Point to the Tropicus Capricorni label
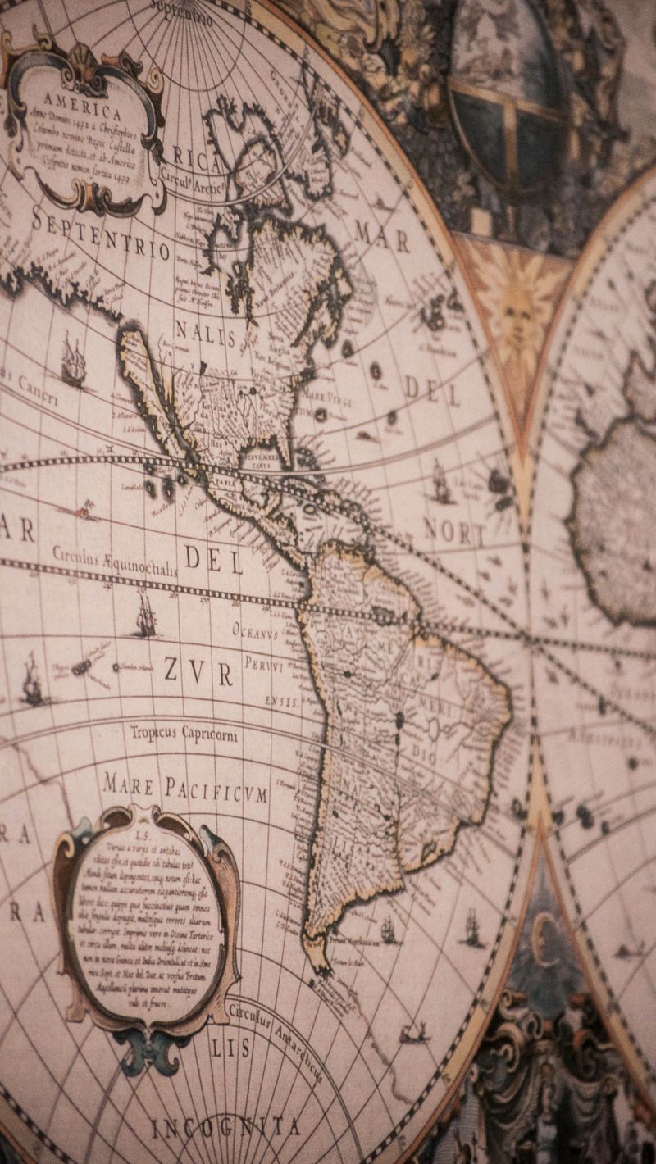[x=184, y=733]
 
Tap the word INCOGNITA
[x=225, y=1127]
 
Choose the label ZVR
[x=198, y=671]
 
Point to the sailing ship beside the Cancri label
[x=73, y=361]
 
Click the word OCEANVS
[x=255, y=632]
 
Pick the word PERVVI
[x=263, y=666]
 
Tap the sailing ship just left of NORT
[x=440, y=484]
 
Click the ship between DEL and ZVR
[x=146, y=616]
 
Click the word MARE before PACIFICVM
[x=129, y=785]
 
